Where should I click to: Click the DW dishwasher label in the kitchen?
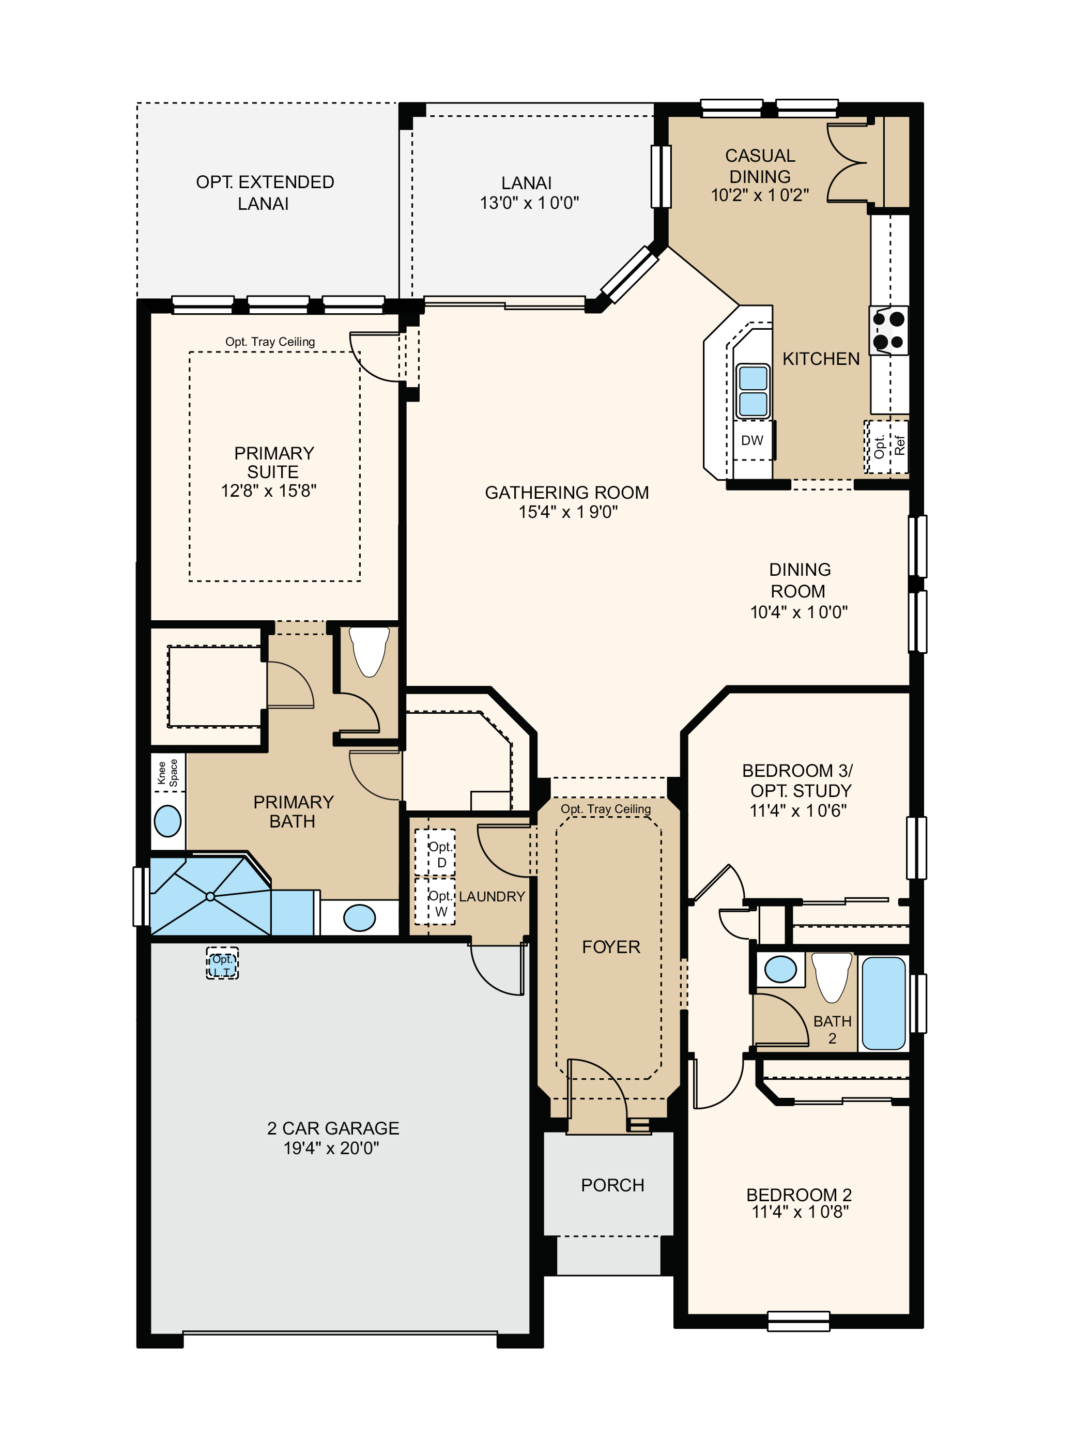click(751, 440)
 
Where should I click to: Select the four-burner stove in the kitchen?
click(889, 331)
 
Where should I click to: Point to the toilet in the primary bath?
click(369, 651)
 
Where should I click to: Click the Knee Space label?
click(168, 773)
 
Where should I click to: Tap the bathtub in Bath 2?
click(883, 1003)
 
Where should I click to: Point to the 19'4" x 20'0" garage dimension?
click(331, 1148)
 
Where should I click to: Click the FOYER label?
click(611, 947)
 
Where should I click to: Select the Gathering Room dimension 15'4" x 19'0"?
click(567, 512)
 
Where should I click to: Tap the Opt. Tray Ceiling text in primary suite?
click(270, 342)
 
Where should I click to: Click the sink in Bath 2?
click(780, 970)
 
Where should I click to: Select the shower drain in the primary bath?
click(210, 897)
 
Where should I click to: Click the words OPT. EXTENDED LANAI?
click(265, 193)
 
